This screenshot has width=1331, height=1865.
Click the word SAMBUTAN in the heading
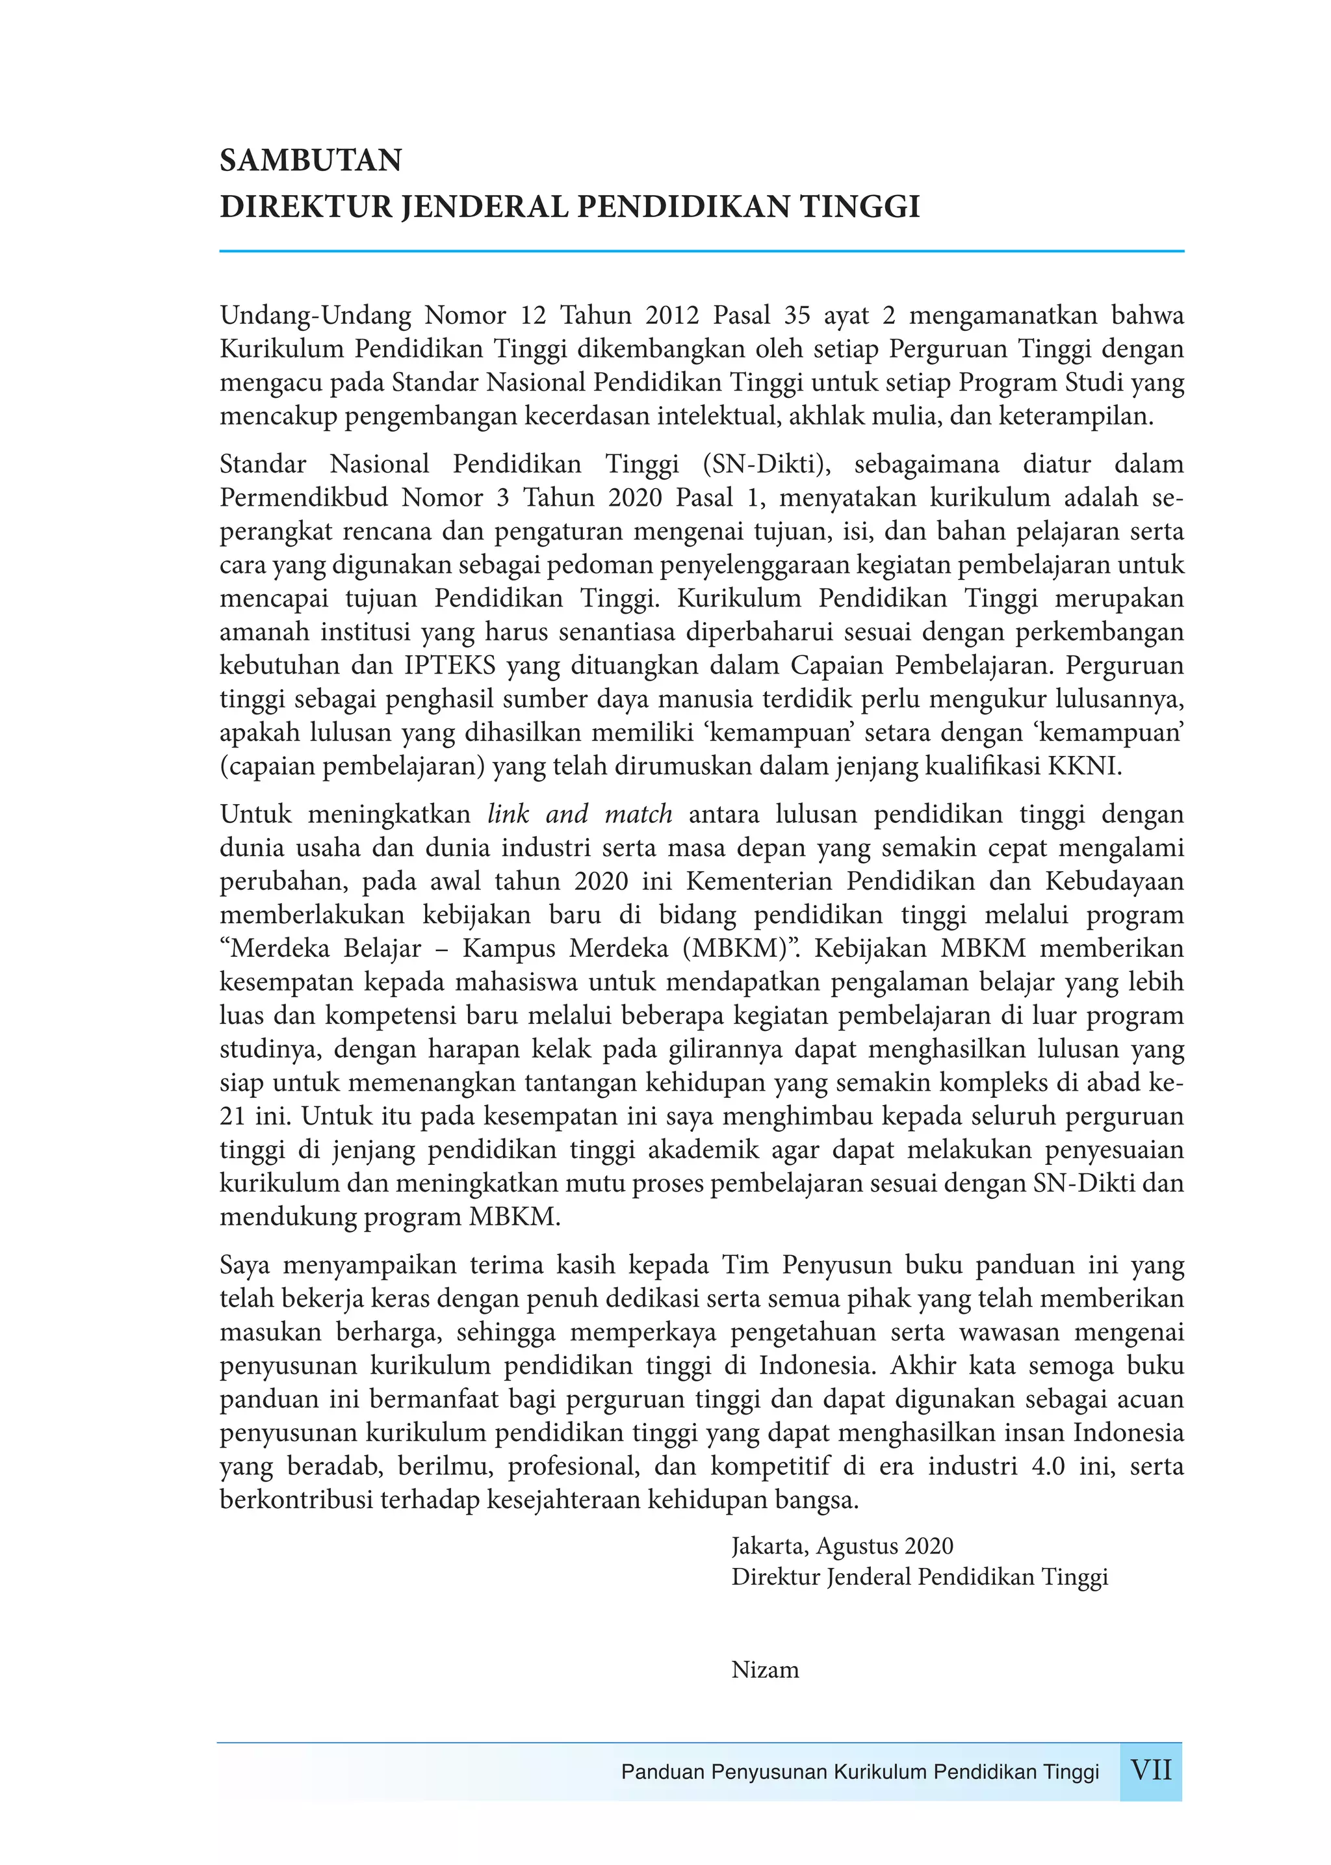pos(311,161)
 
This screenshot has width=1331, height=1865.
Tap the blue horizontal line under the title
pos(701,251)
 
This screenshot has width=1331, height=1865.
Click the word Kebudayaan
pos(1114,882)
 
